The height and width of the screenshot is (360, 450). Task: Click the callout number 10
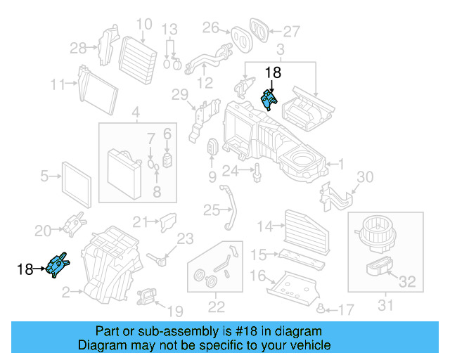(143, 25)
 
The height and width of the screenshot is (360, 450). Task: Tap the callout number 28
(79, 48)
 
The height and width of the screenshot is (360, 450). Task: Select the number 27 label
(291, 31)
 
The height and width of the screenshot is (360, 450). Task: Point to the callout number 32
(407, 283)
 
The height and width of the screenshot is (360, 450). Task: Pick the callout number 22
(216, 306)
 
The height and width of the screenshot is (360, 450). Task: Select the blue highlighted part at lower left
(56, 265)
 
